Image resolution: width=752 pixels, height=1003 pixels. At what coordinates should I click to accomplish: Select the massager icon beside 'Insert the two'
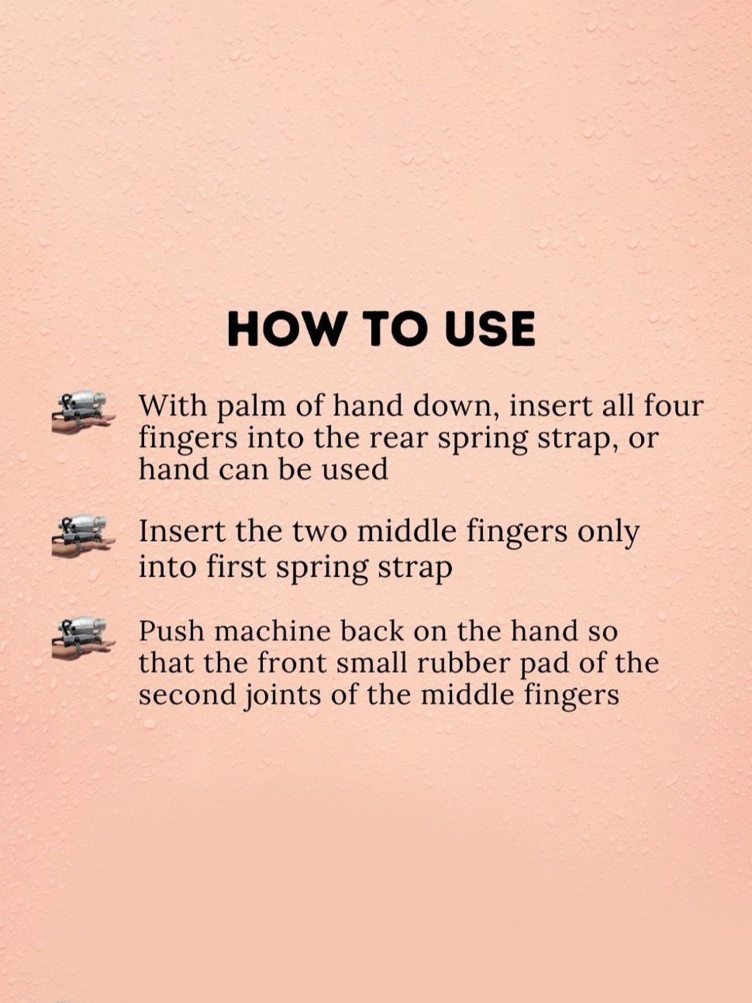(82, 537)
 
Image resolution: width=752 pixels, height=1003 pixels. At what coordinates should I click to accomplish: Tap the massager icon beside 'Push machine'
(82, 637)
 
